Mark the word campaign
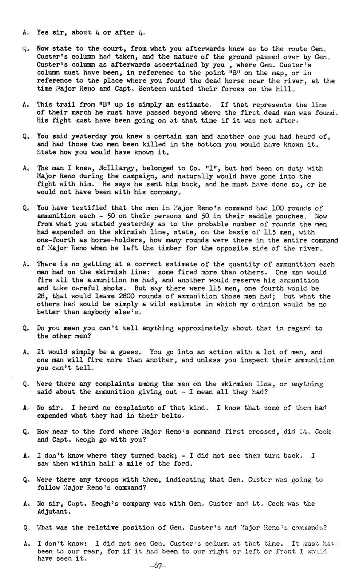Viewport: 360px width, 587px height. pos(128,177)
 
